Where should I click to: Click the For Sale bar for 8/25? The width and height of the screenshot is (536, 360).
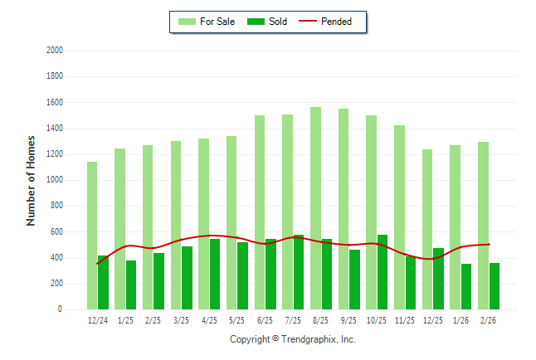pyautogui.click(x=315, y=207)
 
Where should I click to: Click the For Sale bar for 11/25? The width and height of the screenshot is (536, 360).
pyautogui.click(x=399, y=216)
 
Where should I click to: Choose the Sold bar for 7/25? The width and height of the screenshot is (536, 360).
pyautogui.click(x=299, y=272)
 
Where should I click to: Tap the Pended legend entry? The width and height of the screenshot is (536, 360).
pyautogui.click(x=329, y=22)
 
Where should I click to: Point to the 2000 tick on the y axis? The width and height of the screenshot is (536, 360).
pyautogui.click(x=54, y=51)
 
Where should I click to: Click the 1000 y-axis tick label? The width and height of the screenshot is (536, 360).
pyautogui.click(x=54, y=180)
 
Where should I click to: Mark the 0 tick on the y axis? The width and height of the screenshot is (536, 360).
pyautogui.click(x=60, y=309)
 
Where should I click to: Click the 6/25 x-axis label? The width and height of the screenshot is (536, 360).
pyautogui.click(x=265, y=320)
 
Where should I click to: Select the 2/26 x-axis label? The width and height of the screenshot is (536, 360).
pyautogui.click(x=489, y=320)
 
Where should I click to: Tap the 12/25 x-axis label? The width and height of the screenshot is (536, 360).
pyautogui.click(x=432, y=320)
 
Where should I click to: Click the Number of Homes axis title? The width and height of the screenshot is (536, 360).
pyautogui.click(x=32, y=180)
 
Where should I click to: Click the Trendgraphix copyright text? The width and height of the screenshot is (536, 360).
pyautogui.click(x=292, y=339)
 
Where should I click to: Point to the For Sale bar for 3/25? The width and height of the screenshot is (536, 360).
pyautogui.click(x=176, y=225)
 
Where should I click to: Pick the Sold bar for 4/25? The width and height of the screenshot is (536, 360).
pyautogui.click(x=215, y=274)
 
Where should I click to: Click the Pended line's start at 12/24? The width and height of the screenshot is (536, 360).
pyautogui.click(x=98, y=264)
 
